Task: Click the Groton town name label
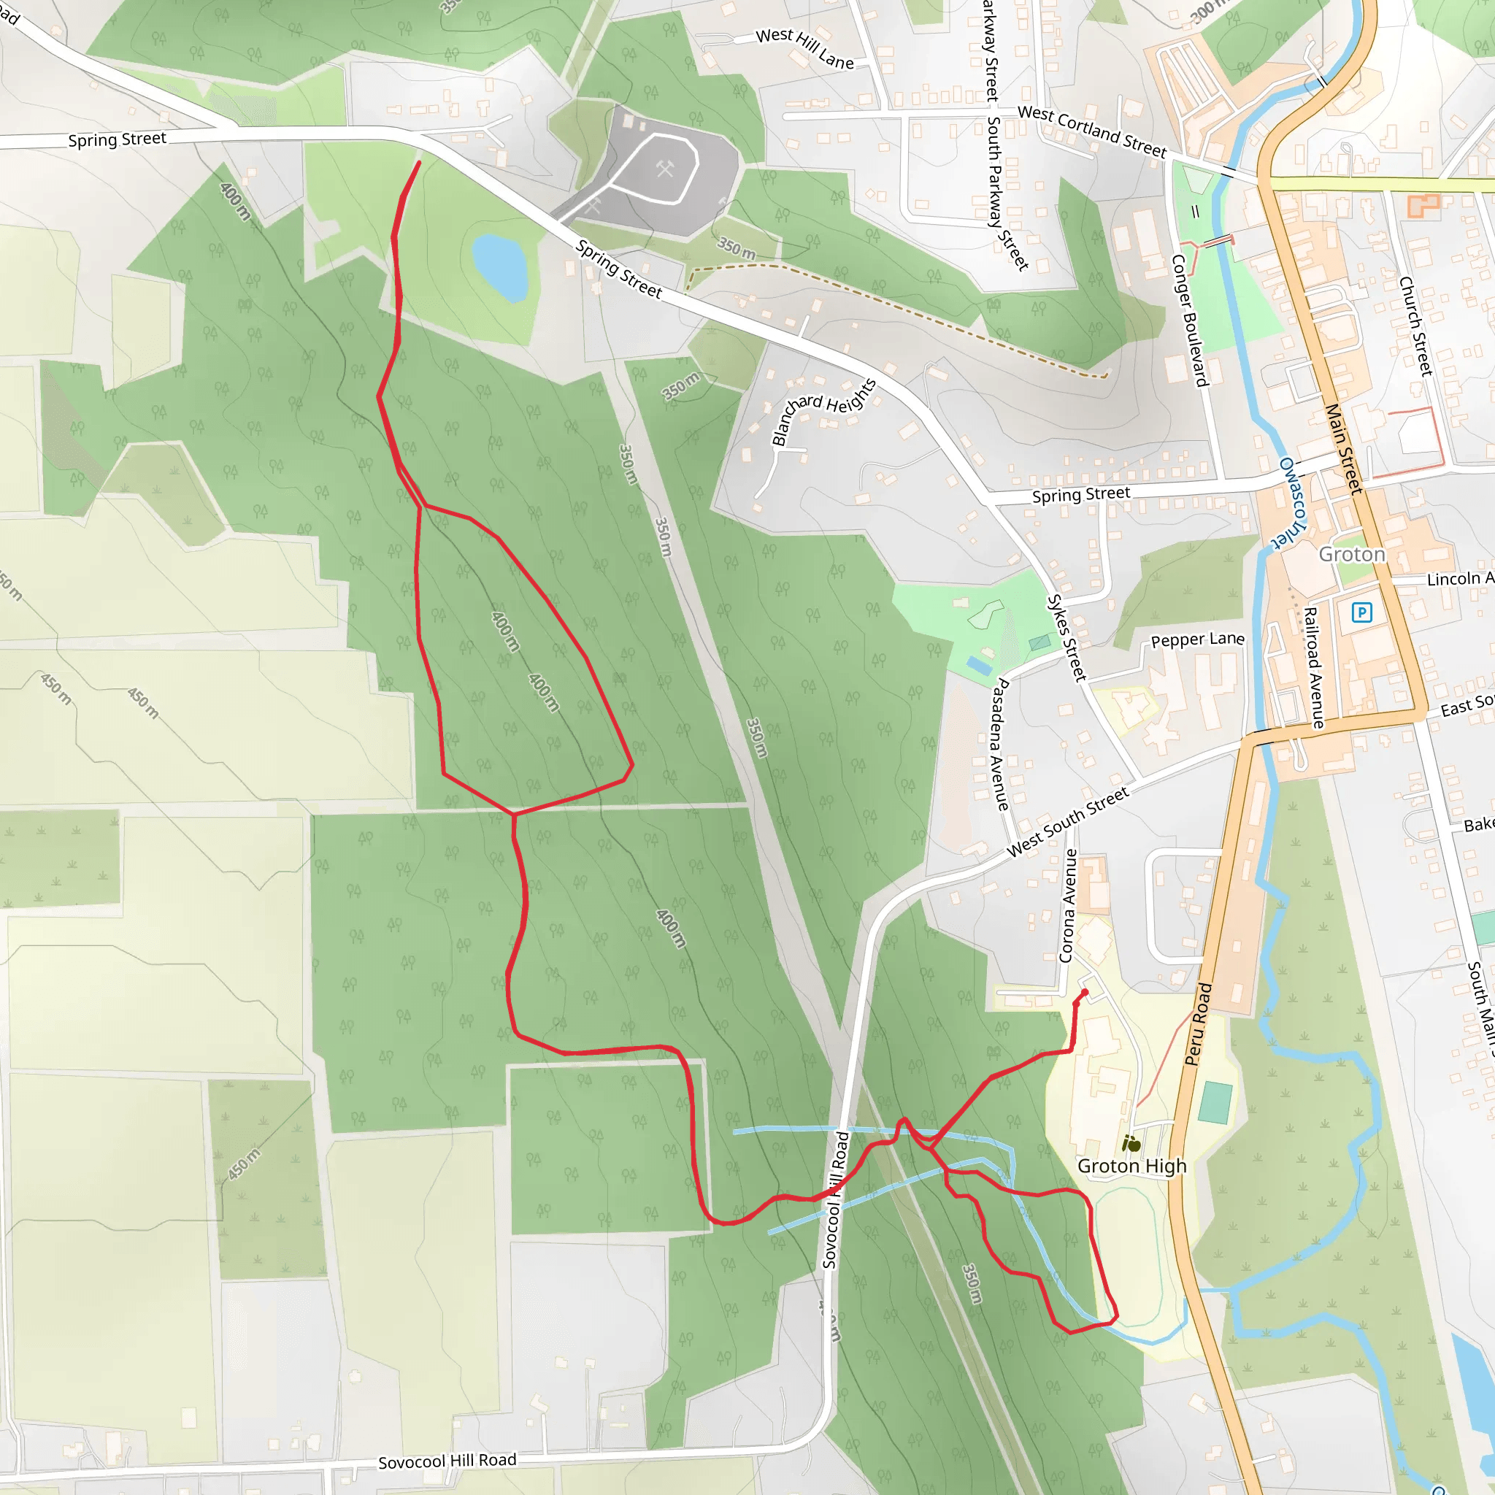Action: click(x=1351, y=554)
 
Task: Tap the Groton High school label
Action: click(x=1131, y=1166)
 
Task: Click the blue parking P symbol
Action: click(x=1361, y=613)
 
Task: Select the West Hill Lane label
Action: click(x=804, y=48)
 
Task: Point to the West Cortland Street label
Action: click(x=1092, y=131)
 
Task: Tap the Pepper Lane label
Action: click(x=1197, y=639)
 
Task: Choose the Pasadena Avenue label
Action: click(x=1001, y=744)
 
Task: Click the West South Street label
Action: click(x=1068, y=822)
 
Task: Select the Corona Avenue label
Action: click(x=1069, y=905)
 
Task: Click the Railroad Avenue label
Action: click(x=1313, y=668)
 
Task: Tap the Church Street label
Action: click(x=1416, y=326)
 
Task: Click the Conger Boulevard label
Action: click(x=1189, y=320)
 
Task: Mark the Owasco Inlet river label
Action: click(x=1291, y=502)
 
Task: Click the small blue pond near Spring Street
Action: click(x=500, y=266)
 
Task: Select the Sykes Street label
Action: click(x=1067, y=637)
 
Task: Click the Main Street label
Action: click(x=1343, y=448)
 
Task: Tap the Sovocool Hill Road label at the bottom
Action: click(x=447, y=1461)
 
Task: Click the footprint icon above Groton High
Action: click(x=1131, y=1144)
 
